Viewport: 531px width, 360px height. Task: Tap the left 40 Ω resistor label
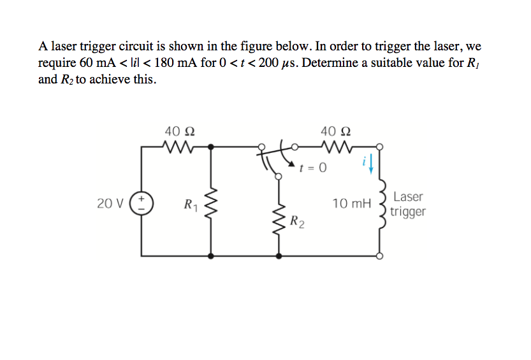click(180, 131)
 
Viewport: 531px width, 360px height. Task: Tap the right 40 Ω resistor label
click(336, 131)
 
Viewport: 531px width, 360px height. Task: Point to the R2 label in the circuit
click(296, 222)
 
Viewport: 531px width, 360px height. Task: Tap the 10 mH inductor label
click(351, 204)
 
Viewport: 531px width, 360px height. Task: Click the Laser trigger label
click(407, 205)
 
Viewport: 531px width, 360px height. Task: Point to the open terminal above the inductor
click(381, 146)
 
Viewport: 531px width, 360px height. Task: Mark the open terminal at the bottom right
click(381, 256)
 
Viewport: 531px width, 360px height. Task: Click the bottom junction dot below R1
click(210, 256)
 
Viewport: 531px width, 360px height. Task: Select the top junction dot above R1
click(210, 146)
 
